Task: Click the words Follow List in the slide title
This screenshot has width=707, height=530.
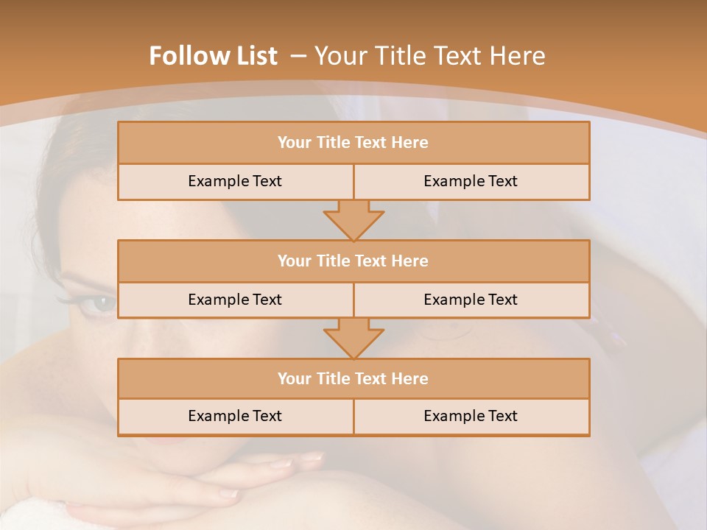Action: tap(213, 56)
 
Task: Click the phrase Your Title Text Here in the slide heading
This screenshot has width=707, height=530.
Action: tap(429, 56)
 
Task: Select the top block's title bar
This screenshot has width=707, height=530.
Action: tap(353, 143)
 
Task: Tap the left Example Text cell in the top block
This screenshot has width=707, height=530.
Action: tap(235, 181)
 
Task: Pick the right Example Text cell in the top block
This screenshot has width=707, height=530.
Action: tap(471, 181)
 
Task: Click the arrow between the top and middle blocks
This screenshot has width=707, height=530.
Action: tap(353, 221)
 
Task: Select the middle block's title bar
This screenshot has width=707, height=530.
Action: tap(353, 261)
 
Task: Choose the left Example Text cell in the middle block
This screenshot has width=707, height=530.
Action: tap(235, 300)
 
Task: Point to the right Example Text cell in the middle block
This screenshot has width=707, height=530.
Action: tap(471, 300)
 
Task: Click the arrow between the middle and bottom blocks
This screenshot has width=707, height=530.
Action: tap(353, 339)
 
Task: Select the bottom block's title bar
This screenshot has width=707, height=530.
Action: tap(353, 378)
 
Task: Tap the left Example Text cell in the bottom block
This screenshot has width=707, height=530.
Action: tap(235, 416)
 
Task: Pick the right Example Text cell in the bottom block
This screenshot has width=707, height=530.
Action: tap(471, 416)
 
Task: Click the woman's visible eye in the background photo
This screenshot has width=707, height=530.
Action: tap(101, 303)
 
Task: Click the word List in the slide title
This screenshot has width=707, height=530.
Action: tap(257, 56)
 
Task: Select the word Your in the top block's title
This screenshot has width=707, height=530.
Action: tap(295, 143)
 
